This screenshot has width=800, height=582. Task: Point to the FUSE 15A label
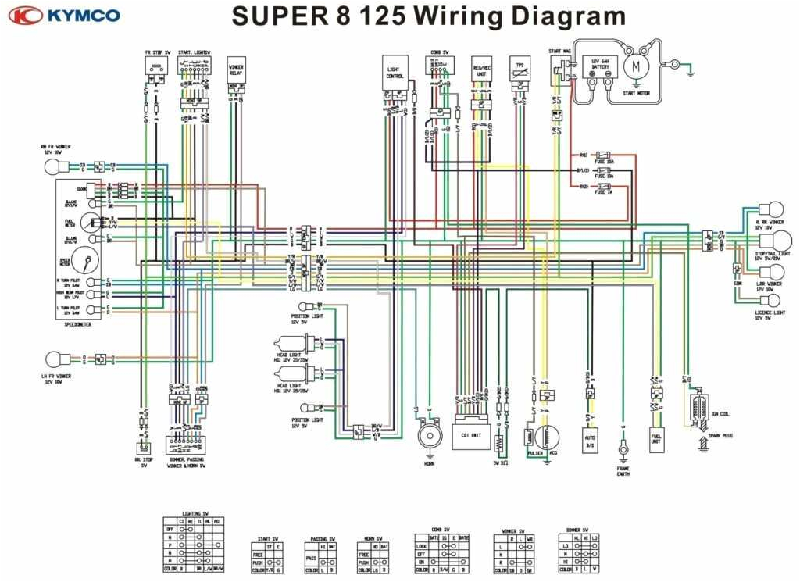coord(605,161)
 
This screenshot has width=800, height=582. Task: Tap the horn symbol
coord(427,435)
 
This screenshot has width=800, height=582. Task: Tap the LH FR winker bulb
coord(54,359)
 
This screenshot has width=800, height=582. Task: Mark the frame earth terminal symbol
coord(623,448)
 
